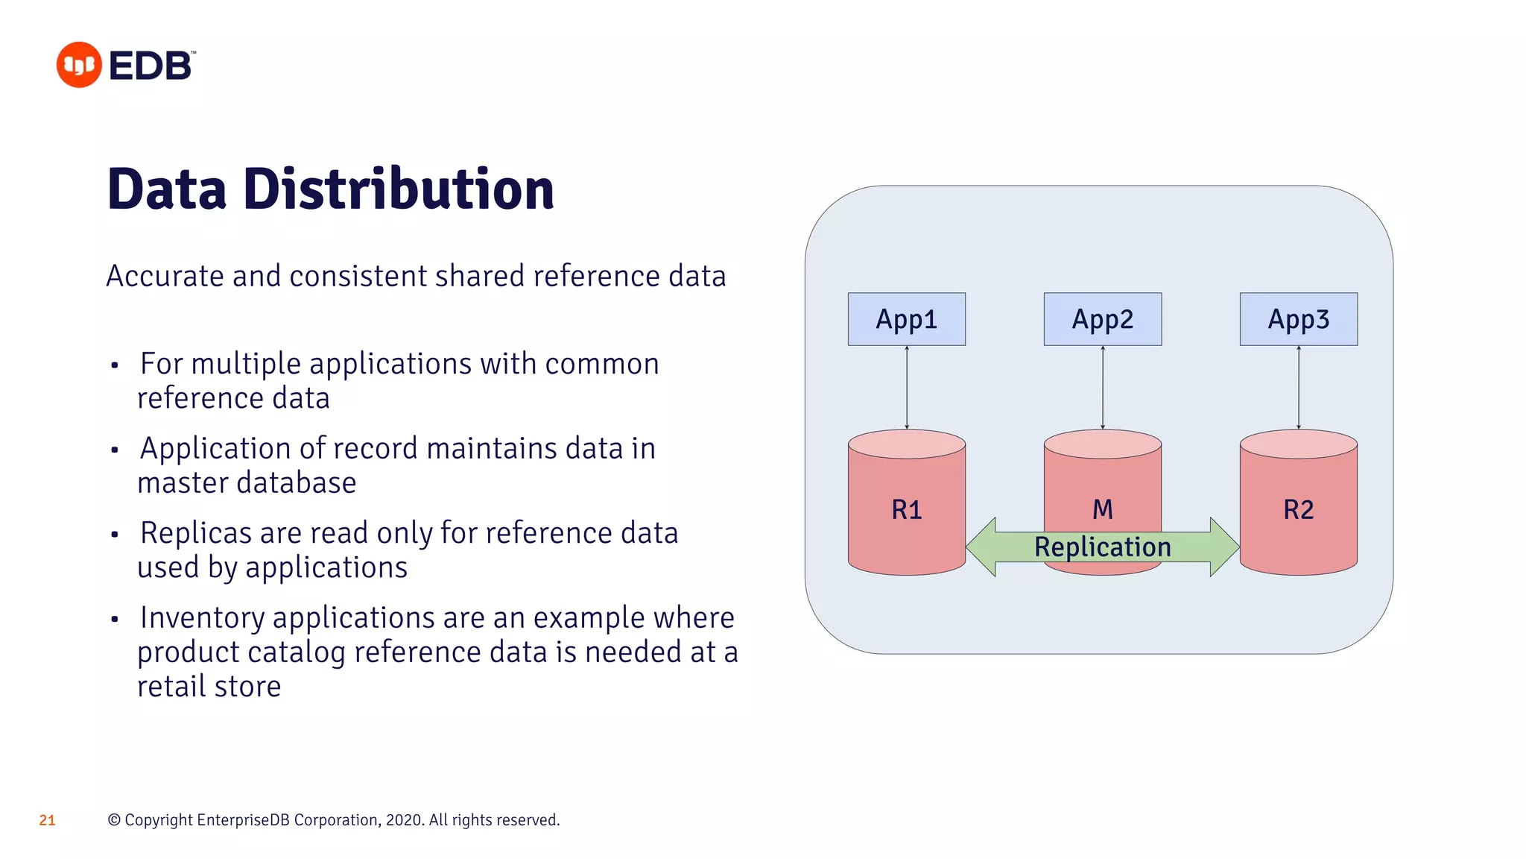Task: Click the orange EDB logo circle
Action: point(79,65)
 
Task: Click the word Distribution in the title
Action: point(399,189)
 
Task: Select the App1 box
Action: point(906,319)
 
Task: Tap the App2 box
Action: point(1102,319)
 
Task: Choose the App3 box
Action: point(1298,319)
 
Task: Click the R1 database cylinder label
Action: point(906,510)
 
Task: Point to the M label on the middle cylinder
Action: point(1102,510)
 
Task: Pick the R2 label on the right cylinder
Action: point(1298,510)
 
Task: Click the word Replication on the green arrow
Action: point(1102,547)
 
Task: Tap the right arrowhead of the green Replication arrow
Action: point(1223,547)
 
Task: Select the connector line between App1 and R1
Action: point(906,388)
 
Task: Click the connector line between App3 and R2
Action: point(1298,388)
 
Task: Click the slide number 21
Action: point(47,820)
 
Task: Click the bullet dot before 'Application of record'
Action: point(115,450)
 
